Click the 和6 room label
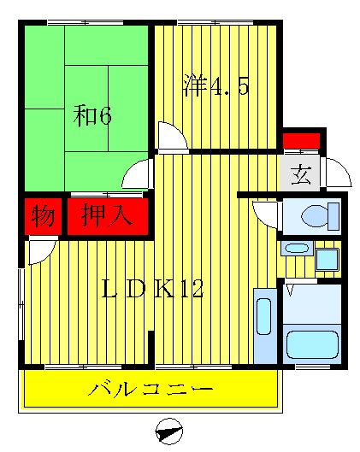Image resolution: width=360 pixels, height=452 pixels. click(91, 116)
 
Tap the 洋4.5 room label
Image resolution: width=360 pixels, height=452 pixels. click(215, 87)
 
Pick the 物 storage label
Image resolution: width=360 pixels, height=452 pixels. click(44, 215)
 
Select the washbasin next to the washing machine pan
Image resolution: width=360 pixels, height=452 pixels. click(297, 249)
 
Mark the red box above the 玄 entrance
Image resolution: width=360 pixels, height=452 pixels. click(301, 139)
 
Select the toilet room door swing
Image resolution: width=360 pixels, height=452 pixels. click(266, 213)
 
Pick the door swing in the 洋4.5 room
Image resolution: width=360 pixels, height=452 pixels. click(169, 137)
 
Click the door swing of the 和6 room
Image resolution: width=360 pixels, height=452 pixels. click(137, 176)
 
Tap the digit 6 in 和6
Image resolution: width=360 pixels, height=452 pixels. click(103, 116)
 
